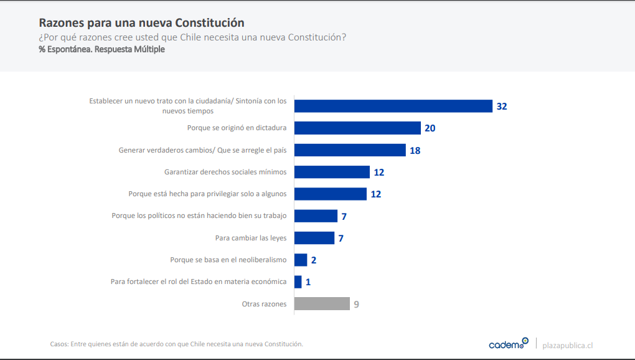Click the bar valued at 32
click(x=393, y=106)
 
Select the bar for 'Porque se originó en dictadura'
click(x=357, y=128)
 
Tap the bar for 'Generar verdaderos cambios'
click(x=350, y=150)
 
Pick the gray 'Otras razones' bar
click(x=322, y=304)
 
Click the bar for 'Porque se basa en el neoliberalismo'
click(x=301, y=260)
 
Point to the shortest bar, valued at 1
click(x=298, y=282)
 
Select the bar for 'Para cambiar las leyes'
click(x=314, y=238)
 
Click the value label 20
click(x=430, y=128)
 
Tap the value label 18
click(x=415, y=150)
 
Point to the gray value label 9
click(x=356, y=305)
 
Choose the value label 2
click(x=314, y=260)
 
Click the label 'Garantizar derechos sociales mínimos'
click(x=225, y=172)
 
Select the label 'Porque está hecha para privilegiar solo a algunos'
click(x=207, y=194)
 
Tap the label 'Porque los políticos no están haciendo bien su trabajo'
click(x=199, y=216)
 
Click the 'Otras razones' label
click(x=264, y=304)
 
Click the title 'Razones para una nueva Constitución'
click(x=141, y=23)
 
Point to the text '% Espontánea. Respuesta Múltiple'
click(x=101, y=49)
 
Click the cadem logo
click(x=508, y=344)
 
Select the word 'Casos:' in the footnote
click(x=59, y=344)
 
